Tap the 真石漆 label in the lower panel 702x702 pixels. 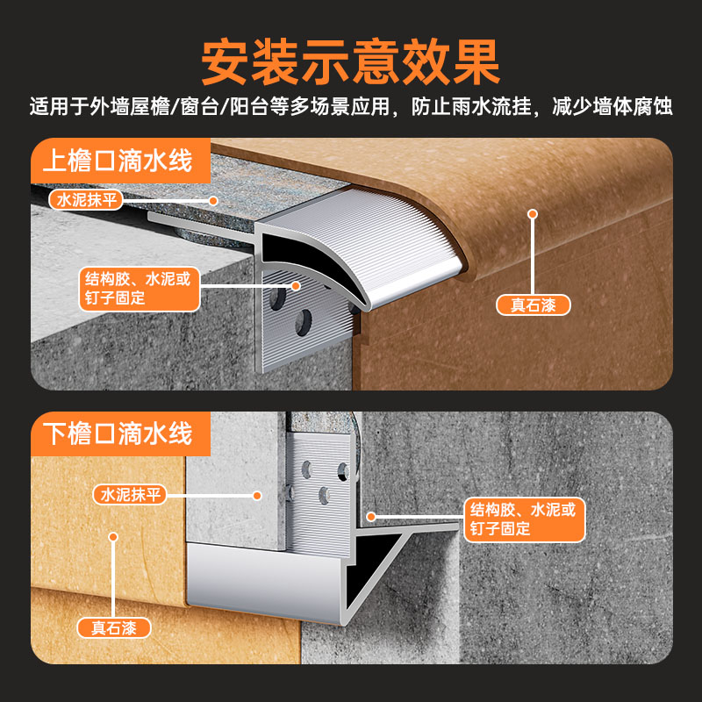114,628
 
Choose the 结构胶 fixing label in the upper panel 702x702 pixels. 136,288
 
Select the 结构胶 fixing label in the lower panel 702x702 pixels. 523,519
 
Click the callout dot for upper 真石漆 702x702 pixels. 532,213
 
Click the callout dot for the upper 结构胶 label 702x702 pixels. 296,285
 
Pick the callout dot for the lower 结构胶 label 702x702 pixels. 371,519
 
